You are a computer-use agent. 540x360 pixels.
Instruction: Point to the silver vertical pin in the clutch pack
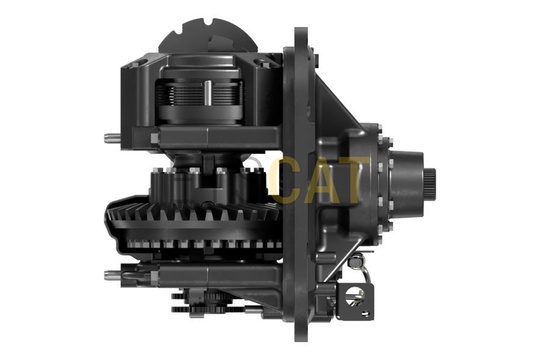(208, 92)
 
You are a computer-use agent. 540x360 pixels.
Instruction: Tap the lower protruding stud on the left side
(113, 275)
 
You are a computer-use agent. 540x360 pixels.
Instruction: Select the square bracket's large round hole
(355, 295)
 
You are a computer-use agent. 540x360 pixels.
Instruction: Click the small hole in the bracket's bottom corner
(365, 313)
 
